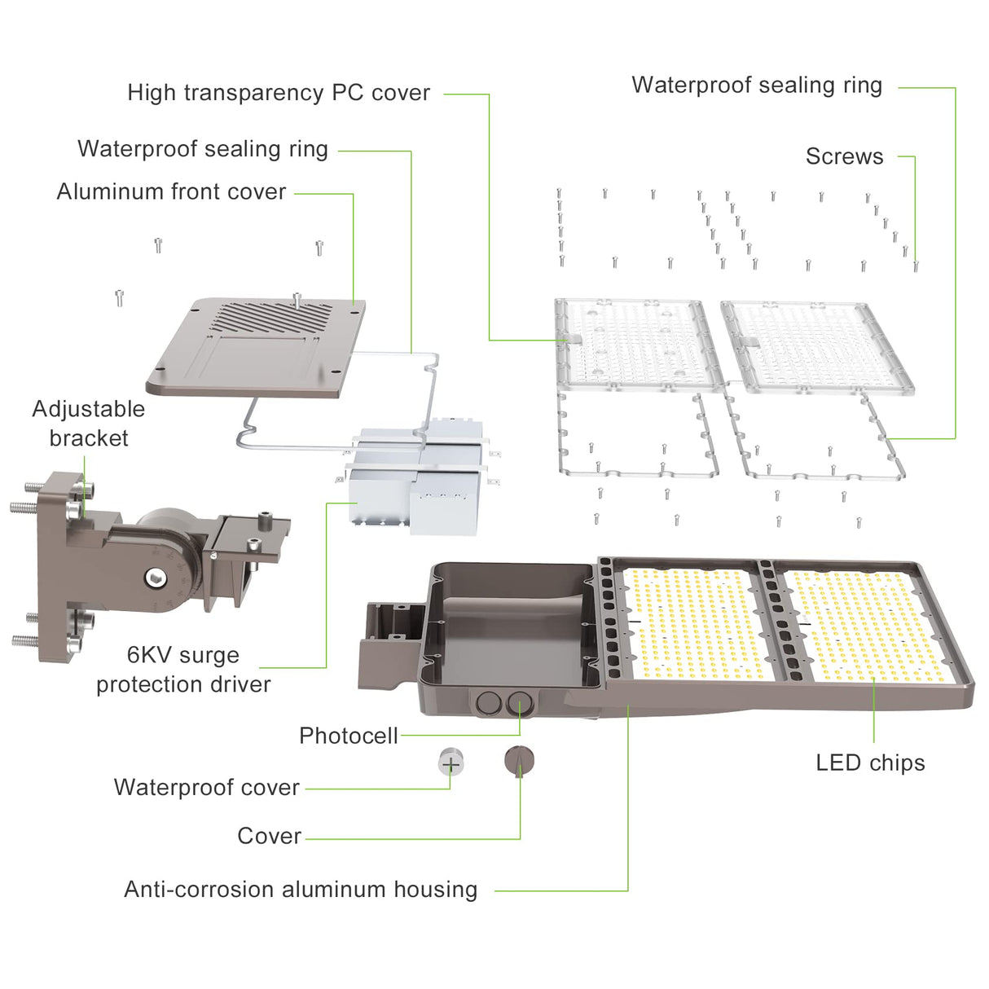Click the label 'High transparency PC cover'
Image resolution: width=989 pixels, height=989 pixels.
[278, 93]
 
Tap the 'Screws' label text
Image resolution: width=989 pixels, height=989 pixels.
[844, 156]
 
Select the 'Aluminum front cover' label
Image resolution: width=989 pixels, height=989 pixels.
[171, 192]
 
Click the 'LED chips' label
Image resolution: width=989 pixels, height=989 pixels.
[870, 763]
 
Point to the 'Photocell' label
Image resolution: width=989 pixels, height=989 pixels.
[348, 736]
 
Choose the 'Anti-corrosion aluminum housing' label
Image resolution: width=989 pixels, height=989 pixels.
[301, 890]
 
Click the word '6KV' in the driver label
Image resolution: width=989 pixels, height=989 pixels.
[147, 656]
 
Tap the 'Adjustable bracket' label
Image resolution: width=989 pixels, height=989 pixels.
[88, 424]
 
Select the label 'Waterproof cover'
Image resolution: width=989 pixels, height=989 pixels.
[206, 788]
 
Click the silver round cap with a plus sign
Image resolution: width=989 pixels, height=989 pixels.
[450, 763]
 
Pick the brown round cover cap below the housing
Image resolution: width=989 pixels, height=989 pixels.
[519, 761]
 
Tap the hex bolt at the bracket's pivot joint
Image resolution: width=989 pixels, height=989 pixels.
[155, 578]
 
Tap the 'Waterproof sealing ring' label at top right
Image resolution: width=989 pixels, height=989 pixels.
[756, 86]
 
